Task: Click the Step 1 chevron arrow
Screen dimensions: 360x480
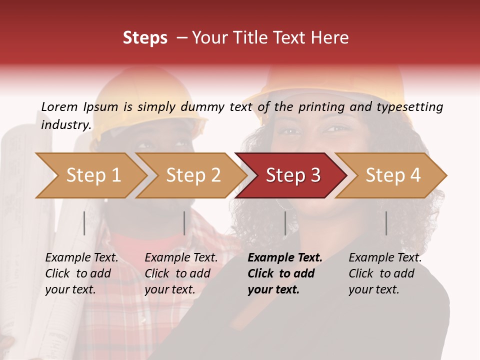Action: tap(93, 175)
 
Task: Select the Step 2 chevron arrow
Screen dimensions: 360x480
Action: tap(193, 175)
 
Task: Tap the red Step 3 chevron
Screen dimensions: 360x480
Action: tap(293, 175)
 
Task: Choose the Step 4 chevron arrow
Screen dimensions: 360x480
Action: tap(393, 175)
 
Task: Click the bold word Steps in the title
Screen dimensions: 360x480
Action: tap(145, 38)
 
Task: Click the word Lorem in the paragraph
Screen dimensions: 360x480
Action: tap(59, 107)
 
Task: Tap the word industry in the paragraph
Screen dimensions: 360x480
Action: tap(66, 124)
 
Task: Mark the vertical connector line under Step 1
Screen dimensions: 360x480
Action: tap(84, 223)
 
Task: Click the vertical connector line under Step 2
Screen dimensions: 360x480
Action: tap(184, 223)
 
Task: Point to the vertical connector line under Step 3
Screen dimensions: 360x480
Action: tap(285, 223)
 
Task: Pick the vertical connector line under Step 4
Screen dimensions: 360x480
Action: tap(386, 223)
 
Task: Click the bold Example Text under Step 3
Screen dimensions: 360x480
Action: tap(285, 258)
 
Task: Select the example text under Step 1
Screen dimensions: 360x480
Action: tap(81, 273)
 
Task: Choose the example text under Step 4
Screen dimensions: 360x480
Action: tap(385, 273)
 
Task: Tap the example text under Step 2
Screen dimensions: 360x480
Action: tap(181, 273)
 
